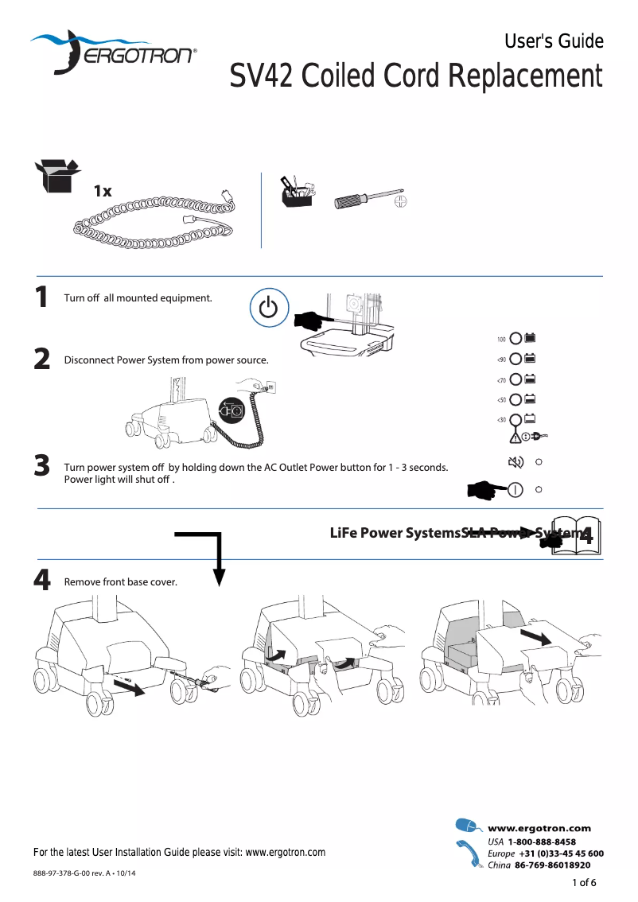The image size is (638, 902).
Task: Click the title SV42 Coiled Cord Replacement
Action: pos(416,76)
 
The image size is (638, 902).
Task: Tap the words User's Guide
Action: pos(554,41)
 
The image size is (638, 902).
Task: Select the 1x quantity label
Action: pos(102,192)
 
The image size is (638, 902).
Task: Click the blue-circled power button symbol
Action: pos(269,307)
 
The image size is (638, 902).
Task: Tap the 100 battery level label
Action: pos(501,340)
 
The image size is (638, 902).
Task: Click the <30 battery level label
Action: pos(501,419)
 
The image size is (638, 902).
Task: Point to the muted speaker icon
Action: pos(515,461)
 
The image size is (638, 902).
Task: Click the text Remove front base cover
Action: pos(120,582)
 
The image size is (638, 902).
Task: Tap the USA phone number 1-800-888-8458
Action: pos(542,842)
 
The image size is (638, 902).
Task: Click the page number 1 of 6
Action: pos(584,882)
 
